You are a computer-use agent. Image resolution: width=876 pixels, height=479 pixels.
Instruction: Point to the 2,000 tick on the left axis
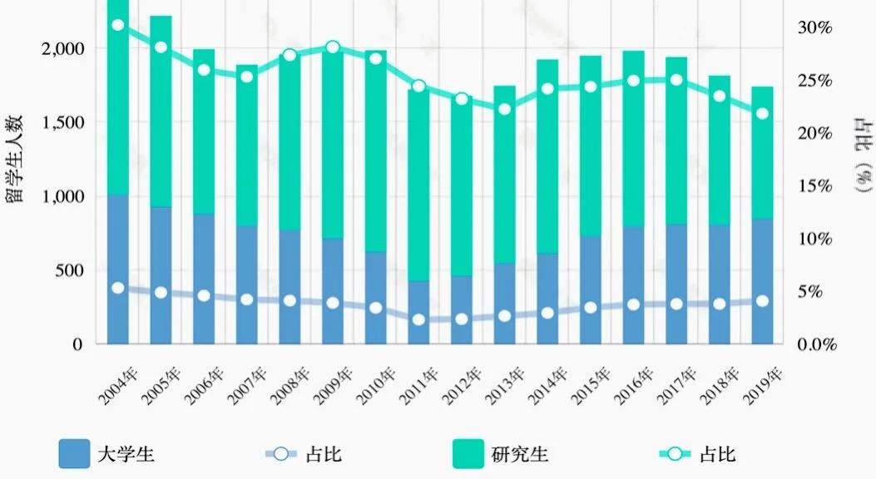62,48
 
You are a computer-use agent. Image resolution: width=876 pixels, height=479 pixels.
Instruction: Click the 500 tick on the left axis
72,270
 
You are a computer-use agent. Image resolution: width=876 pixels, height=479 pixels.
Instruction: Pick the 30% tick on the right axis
814,27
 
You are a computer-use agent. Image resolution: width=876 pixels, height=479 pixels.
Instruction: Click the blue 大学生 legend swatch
74,455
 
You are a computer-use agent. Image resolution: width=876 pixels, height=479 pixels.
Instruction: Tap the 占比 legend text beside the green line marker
717,455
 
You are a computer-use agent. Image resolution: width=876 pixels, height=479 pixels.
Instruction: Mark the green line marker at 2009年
333,47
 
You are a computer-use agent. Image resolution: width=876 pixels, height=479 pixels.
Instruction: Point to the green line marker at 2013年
504,108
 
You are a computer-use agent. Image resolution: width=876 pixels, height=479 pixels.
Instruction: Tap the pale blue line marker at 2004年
118,288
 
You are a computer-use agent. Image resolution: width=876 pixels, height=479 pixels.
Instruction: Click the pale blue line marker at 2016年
633,304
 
